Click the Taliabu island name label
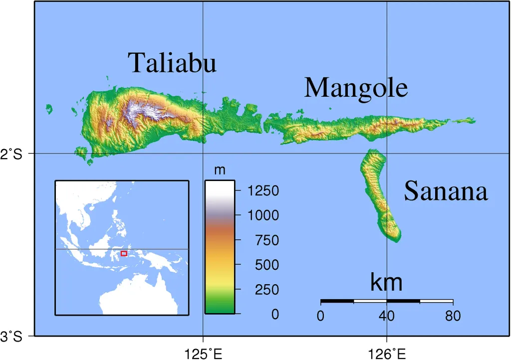[x=172, y=63]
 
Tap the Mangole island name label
[x=356, y=88]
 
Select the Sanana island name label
[x=445, y=191]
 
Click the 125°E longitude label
[x=203, y=354]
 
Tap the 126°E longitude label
[x=387, y=354]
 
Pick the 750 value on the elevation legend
[x=266, y=240]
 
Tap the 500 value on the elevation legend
[x=266, y=265]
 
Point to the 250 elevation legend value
[x=266, y=290]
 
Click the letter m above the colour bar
[x=220, y=171]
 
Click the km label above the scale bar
[x=386, y=283]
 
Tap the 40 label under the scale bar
[x=387, y=316]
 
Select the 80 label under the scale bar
[x=453, y=316]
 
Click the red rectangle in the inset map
[x=124, y=254]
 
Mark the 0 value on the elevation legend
[x=275, y=315]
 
